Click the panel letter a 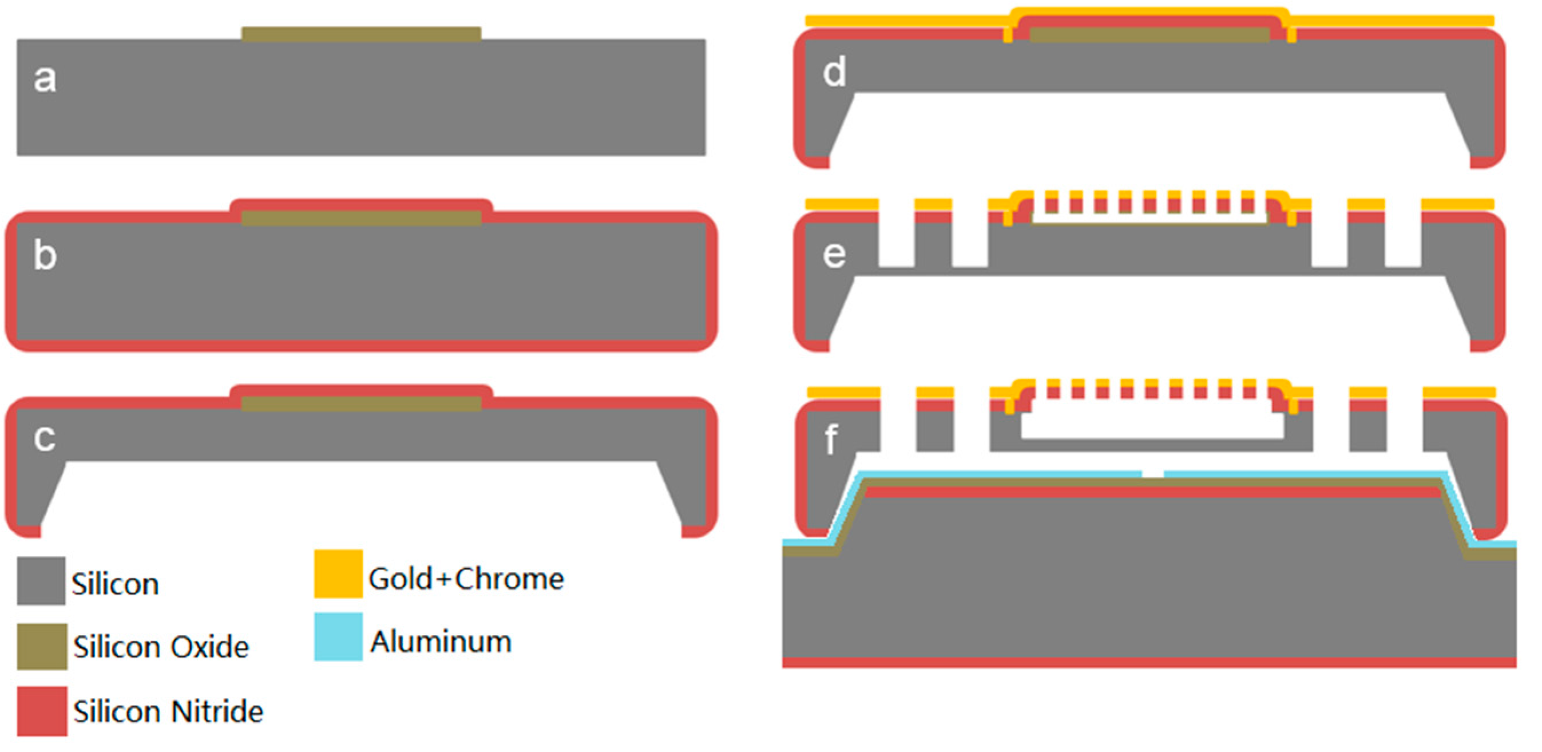[x=45, y=79]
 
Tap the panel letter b [x=45, y=256]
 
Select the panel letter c [x=45, y=438]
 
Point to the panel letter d [x=834, y=72]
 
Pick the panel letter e [x=834, y=255]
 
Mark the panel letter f [x=831, y=440]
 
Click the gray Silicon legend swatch [x=41, y=581]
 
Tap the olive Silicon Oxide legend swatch [x=41, y=647]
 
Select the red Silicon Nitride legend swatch [x=41, y=711]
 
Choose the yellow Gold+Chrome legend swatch [x=338, y=573]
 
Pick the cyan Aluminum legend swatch [x=338, y=636]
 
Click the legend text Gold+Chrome [x=466, y=579]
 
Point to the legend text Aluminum [x=441, y=642]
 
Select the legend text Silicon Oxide [x=161, y=647]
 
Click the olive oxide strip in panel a [x=361, y=34]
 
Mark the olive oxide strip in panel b [x=361, y=218]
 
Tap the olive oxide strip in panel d [x=1149, y=35]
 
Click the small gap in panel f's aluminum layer [x=1152, y=474]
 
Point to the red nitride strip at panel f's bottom [x=1149, y=663]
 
